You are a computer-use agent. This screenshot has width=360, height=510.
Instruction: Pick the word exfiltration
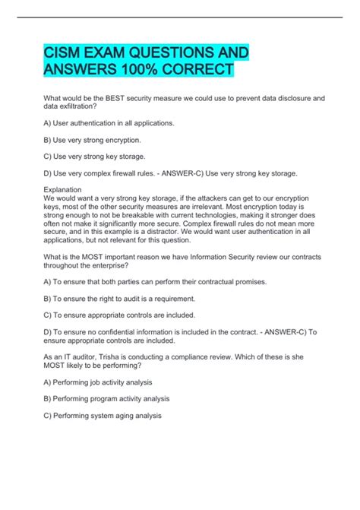point(80,108)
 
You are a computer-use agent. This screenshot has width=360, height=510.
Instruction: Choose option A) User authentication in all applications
point(110,122)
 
